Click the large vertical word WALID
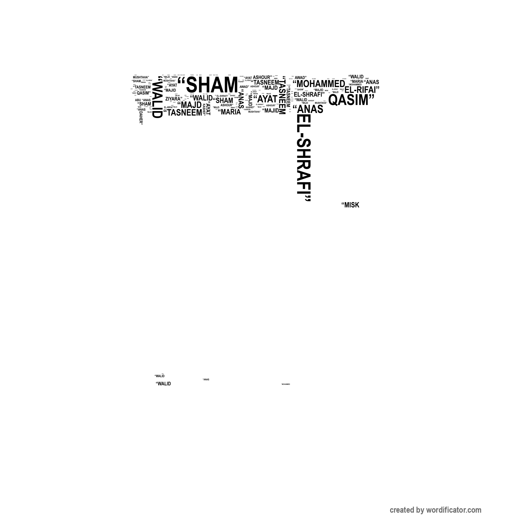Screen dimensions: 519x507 click(x=157, y=100)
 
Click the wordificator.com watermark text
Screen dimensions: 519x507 click(x=435, y=510)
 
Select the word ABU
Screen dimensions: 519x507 click(x=138, y=100)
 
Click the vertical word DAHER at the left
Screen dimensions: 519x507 click(x=141, y=117)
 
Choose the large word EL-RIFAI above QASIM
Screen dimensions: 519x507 click(x=362, y=90)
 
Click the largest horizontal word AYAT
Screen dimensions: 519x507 click(x=267, y=99)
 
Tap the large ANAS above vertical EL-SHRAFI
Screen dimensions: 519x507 click(x=309, y=109)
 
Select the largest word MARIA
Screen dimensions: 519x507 click(x=230, y=112)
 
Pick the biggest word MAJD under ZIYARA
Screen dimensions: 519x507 click(x=190, y=105)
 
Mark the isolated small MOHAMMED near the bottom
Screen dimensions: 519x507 click(x=286, y=384)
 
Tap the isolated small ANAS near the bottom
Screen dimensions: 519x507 click(x=206, y=379)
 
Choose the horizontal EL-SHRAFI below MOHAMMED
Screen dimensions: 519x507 click(x=309, y=94)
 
